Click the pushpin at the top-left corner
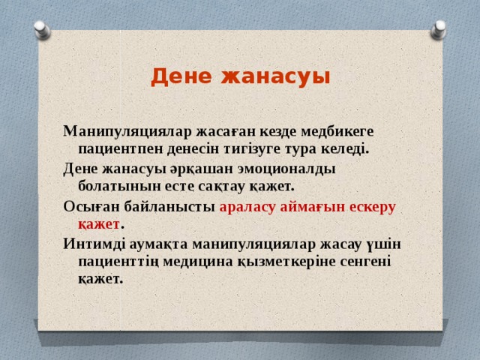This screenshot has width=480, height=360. pyautogui.click(x=43, y=29)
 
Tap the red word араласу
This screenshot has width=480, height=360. pyautogui.click(x=247, y=206)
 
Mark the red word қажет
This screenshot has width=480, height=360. pyautogui.click(x=98, y=223)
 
